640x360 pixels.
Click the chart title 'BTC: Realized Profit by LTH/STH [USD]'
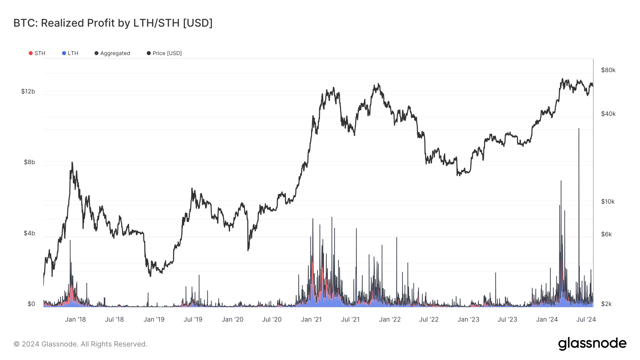pos(113,23)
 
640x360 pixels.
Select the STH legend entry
pos(37,53)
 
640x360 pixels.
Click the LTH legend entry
pos(70,53)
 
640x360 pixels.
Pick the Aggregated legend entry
pos(112,53)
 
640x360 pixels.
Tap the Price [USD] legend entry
pos(164,53)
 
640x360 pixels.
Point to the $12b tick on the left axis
pos(28,92)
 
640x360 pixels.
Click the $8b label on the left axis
pos(30,162)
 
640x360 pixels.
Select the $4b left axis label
pos(30,233)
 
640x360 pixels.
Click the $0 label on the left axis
pos(31,304)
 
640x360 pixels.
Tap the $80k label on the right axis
pos(608,70)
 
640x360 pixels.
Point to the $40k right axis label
pos(608,114)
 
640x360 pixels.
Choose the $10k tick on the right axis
pos(608,202)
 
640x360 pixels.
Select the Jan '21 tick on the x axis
pos(311,319)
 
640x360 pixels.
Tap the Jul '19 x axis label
pos(193,319)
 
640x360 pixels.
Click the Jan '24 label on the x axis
pos(547,319)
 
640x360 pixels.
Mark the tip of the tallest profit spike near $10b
pos(579,129)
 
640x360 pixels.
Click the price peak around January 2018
pos(72,162)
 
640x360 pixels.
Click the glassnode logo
pos(592,344)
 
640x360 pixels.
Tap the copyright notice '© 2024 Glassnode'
pos(80,344)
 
